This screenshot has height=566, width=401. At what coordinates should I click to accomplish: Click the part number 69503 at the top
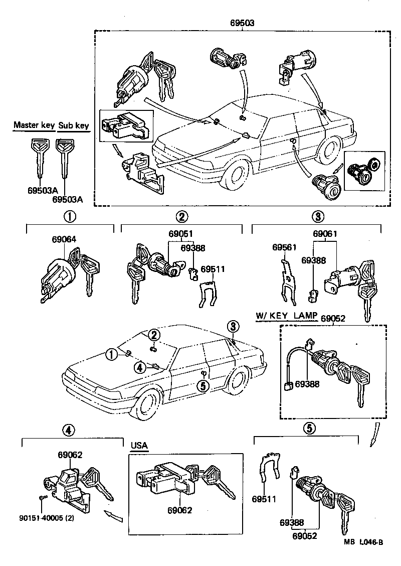click(x=242, y=23)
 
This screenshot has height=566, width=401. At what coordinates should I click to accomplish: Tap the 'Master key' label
click(x=34, y=125)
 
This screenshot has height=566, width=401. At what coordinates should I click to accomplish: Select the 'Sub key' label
click(x=74, y=125)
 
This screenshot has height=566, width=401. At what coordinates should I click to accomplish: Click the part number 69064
click(x=64, y=239)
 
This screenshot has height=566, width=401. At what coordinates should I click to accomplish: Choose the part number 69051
click(x=180, y=234)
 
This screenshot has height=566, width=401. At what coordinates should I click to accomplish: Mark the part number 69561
click(x=284, y=247)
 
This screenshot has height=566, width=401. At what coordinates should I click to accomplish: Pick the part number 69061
click(x=325, y=234)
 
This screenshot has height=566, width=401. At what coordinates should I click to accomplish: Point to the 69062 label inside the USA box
click(x=180, y=510)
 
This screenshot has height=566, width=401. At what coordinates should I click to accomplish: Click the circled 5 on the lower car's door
click(x=203, y=386)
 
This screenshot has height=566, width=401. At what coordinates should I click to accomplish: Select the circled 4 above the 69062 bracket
click(x=69, y=430)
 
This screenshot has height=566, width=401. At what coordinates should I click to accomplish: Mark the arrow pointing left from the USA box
click(x=113, y=515)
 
